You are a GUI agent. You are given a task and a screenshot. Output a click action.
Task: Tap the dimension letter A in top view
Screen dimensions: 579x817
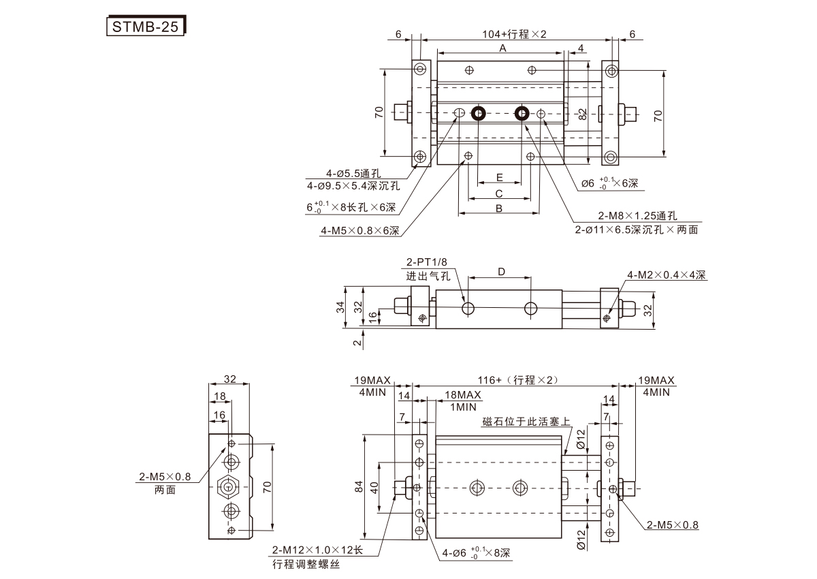tap(502, 48)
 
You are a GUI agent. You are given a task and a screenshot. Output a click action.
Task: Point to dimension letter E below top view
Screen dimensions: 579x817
tap(499, 177)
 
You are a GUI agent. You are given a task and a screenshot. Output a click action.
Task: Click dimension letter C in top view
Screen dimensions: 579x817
tap(499, 193)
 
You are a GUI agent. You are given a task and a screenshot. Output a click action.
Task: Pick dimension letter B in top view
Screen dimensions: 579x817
tap(498, 208)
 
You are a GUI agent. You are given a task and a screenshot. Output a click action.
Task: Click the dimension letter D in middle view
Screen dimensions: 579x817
tap(501, 272)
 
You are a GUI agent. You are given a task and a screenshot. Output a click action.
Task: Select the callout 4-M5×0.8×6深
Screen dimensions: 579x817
tap(360, 231)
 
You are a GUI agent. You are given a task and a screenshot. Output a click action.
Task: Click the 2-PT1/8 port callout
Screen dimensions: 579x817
tap(428, 263)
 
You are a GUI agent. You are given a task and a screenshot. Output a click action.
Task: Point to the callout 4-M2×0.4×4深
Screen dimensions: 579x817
tap(667, 275)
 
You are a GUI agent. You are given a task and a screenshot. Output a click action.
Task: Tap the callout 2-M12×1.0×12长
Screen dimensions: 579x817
tap(318, 550)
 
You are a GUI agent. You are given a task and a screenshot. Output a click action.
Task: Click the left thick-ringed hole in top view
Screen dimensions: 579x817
tap(478, 113)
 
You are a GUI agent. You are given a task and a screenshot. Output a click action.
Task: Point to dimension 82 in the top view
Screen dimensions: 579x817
tap(582, 114)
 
